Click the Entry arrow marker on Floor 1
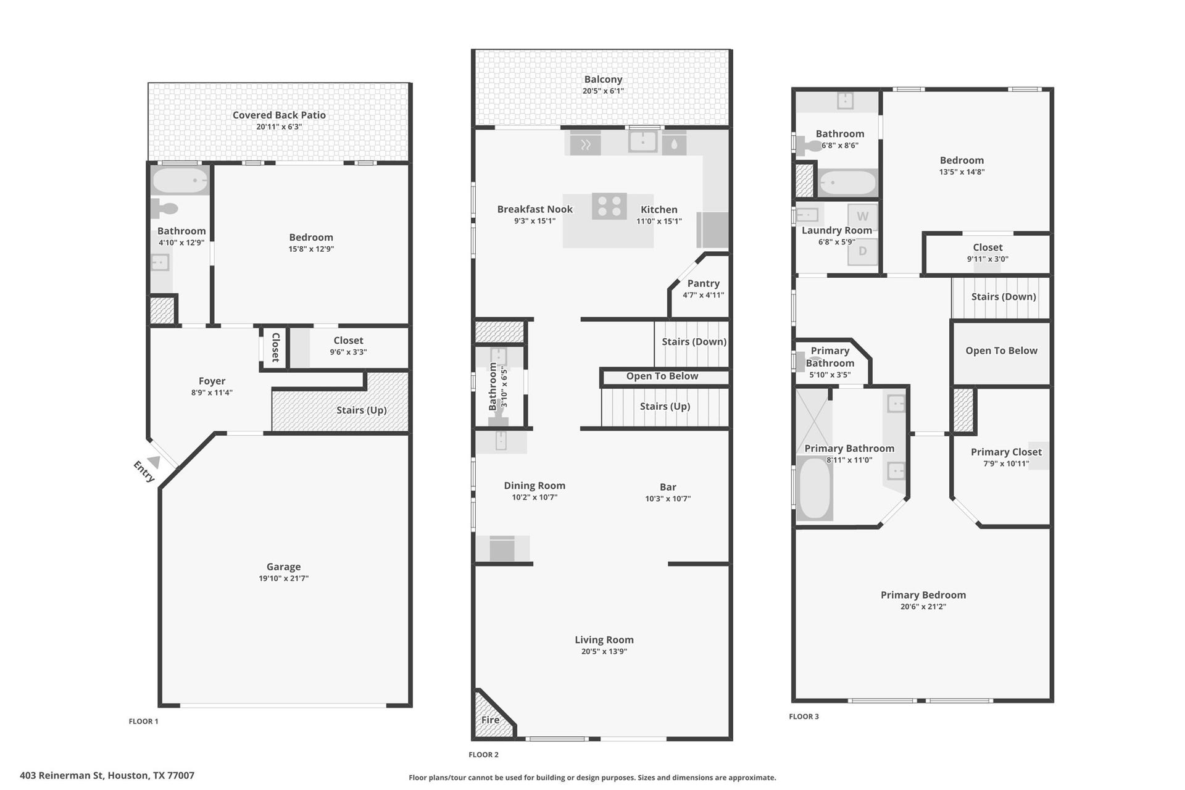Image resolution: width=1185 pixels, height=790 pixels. coord(154,462)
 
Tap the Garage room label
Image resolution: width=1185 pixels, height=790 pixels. coord(284,567)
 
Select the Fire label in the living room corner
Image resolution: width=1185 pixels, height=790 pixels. coord(490,720)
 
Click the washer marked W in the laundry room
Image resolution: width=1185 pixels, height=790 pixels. coord(862,217)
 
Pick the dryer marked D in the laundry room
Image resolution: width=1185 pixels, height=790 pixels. coord(862,251)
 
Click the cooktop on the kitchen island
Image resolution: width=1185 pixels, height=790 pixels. coord(609,206)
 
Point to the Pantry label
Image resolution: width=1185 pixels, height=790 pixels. coord(704,283)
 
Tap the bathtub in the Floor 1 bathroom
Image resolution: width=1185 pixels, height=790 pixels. coord(180,180)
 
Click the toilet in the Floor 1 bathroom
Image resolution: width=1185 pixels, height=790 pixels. coord(165,209)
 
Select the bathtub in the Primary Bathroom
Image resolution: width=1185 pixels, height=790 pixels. coord(814,488)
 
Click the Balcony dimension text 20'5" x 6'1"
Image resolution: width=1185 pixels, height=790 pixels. coord(603,91)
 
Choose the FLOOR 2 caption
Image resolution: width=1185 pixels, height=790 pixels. coord(483,754)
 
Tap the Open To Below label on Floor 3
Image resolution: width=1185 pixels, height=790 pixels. coord(1001,351)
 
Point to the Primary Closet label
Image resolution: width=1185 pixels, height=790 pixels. coord(1006,452)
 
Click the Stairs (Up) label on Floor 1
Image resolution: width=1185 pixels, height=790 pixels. coord(362,410)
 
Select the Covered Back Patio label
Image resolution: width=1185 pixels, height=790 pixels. coord(279,115)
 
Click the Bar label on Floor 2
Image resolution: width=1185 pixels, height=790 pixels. coord(668,487)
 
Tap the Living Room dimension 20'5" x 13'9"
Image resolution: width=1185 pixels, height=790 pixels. coord(604,651)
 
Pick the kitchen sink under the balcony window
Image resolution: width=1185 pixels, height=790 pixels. coord(643,142)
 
